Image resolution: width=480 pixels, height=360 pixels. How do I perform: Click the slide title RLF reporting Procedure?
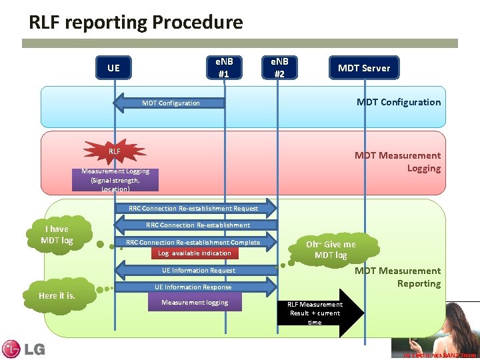coord(136,23)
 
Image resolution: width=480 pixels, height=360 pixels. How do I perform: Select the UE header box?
coord(113,67)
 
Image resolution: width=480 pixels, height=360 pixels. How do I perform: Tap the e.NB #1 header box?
coord(223,67)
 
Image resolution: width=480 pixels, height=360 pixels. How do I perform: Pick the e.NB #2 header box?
coord(279,67)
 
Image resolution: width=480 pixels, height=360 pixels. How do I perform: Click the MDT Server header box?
coord(364,67)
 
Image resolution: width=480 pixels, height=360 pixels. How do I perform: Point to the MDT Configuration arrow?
coord(169,103)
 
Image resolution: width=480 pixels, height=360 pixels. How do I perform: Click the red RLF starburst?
coord(115,151)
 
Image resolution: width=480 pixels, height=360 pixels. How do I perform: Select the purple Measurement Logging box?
coord(111,180)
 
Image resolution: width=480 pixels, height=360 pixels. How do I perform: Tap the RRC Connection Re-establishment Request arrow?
coord(195,209)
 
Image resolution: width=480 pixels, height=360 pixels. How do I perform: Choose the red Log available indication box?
coord(195,253)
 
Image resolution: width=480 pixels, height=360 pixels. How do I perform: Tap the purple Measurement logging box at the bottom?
coord(195,303)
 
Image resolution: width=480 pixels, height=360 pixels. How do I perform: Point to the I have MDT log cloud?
coord(58,234)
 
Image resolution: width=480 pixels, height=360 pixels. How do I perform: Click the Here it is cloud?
coord(57,295)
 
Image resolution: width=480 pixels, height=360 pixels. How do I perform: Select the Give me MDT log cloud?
coord(331,249)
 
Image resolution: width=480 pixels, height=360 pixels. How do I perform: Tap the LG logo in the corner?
coord(23,349)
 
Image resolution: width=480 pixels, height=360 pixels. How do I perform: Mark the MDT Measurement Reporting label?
coord(397,277)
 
